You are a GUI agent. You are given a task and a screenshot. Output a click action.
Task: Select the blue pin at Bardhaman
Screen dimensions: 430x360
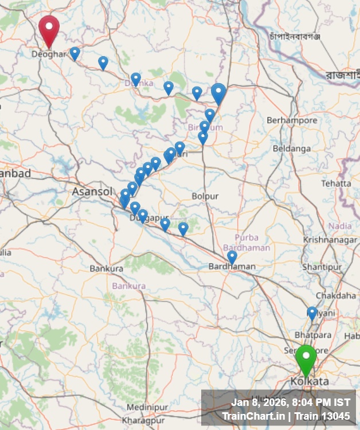click(232, 257)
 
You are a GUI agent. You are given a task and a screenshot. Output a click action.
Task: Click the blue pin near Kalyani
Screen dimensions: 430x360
click(312, 313)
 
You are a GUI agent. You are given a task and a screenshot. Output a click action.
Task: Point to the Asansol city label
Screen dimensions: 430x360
click(92, 191)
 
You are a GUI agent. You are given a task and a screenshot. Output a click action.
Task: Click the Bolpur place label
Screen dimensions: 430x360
click(205, 196)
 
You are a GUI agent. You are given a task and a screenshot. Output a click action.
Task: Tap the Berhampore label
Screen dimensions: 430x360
click(292, 120)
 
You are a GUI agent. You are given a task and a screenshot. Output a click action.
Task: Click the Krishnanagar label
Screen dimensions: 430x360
click(330, 240)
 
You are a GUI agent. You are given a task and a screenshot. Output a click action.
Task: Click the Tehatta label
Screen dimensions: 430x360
click(336, 183)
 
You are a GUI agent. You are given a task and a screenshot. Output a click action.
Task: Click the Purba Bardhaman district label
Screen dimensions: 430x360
click(252, 243)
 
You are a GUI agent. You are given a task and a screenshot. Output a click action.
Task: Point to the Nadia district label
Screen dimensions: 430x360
click(340, 226)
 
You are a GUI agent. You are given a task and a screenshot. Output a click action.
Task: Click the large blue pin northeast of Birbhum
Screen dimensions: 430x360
click(218, 93)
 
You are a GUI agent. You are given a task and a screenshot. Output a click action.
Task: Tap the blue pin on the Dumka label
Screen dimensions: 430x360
click(136, 79)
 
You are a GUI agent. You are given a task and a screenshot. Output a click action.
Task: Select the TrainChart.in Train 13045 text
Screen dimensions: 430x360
click(285, 416)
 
